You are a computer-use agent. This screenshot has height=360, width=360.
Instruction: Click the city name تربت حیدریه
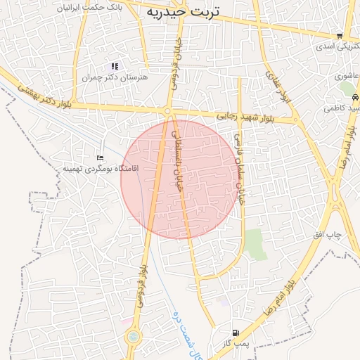[x=183, y=12]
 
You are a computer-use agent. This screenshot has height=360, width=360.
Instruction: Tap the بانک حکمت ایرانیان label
[x=113, y=6]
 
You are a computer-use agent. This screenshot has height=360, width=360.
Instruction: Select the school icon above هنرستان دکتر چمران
[x=115, y=67]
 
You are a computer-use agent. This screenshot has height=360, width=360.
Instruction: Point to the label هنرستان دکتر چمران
[x=115, y=77]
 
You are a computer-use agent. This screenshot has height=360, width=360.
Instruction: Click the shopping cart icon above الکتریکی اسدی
[x=340, y=36]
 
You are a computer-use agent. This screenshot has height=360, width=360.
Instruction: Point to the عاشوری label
[x=347, y=76]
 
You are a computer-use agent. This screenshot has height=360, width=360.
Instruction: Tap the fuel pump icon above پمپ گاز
[x=234, y=333]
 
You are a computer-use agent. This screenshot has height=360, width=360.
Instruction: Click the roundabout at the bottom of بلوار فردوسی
[x=132, y=338]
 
